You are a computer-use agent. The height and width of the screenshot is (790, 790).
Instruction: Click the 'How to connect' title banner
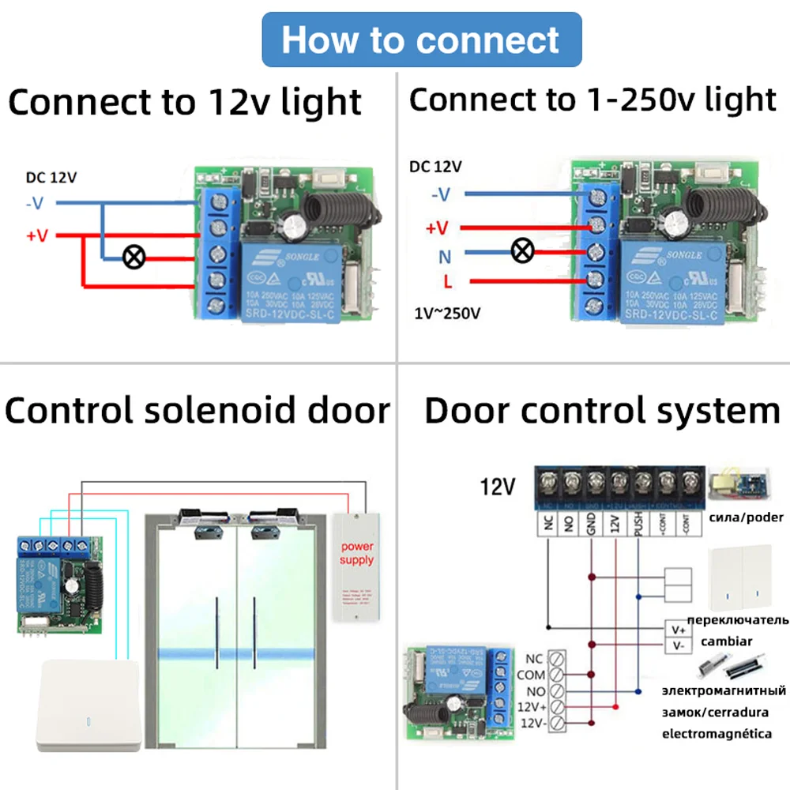421,39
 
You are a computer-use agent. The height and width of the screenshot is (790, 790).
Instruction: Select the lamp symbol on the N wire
522,252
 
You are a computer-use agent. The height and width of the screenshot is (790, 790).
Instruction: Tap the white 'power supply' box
356,564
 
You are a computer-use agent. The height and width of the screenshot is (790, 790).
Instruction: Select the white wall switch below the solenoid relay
88,705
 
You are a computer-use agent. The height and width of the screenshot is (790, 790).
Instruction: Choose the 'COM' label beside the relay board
530,675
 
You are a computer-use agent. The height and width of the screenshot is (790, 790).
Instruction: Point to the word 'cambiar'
726,641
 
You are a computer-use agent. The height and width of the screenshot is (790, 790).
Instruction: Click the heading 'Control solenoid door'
197,411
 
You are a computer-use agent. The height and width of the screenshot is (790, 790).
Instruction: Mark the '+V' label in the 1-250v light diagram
437,228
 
